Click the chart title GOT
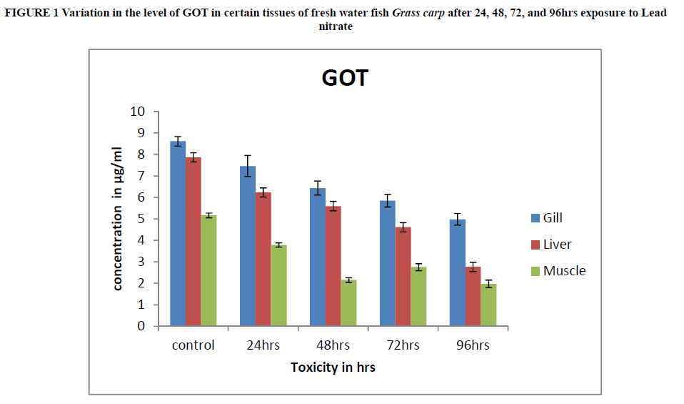click(345, 78)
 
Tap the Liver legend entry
click(556, 245)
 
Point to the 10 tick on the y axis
click(138, 112)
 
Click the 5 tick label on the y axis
click(141, 219)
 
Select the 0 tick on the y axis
click(141, 326)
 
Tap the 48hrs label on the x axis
click(333, 345)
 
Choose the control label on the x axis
click(193, 345)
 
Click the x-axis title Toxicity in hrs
click(333, 368)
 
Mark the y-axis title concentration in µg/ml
click(119, 219)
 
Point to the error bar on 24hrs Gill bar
click(247, 165)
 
